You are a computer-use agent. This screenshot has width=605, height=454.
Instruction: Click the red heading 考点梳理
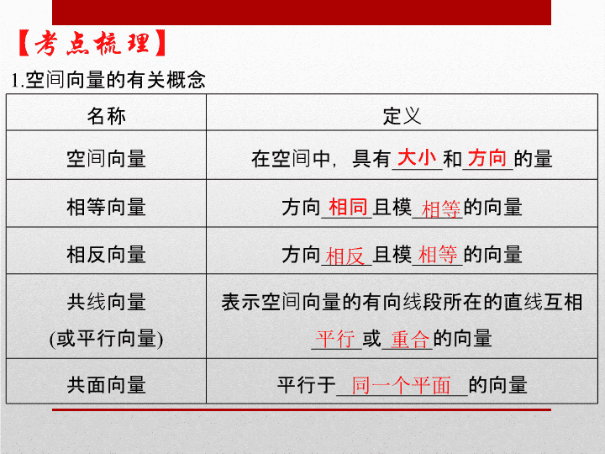92,43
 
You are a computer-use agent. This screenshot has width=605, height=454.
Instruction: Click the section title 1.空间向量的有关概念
108,80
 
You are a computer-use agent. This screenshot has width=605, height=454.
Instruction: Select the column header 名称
106,116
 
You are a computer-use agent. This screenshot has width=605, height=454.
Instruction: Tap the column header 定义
402,116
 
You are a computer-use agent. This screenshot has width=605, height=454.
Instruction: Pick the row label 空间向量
106,158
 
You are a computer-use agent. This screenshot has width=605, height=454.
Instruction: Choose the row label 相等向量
106,207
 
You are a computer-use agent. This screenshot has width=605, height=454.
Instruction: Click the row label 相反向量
106,255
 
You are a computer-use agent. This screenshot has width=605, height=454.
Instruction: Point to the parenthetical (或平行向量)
106,339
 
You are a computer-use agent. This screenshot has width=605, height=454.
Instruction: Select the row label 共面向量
106,384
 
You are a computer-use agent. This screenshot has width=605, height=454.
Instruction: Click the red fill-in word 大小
417,157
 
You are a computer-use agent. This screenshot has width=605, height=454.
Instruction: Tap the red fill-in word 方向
487,157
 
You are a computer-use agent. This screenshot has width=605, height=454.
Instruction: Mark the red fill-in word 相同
348,207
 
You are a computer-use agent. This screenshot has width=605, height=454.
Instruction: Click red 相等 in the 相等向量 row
441,209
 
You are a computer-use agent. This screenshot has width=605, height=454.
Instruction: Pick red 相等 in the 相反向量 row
438,255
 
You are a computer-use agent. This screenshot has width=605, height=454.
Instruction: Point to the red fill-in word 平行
335,340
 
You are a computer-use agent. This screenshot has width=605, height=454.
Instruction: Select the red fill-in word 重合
410,340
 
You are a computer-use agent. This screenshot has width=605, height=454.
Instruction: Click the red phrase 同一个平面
401,385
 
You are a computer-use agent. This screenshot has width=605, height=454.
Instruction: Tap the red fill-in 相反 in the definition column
345,256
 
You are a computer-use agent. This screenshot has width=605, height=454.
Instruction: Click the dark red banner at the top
302,13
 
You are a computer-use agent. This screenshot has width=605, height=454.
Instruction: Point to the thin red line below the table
302,409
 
